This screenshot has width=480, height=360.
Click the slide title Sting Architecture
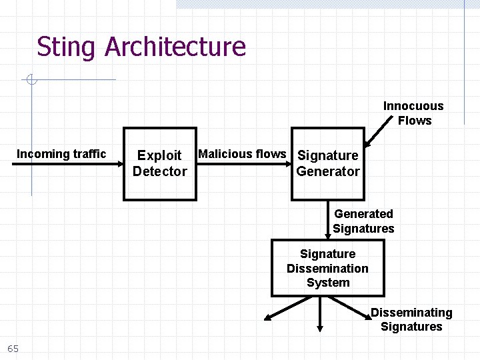point(141,47)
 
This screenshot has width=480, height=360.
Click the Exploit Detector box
point(160,164)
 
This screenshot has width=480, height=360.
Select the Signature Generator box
point(328,164)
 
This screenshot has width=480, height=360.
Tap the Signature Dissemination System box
point(327,268)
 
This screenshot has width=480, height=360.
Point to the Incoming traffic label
point(61,154)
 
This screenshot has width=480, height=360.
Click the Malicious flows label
point(242,154)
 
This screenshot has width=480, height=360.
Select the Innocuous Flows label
point(413,113)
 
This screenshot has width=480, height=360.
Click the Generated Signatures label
point(363,221)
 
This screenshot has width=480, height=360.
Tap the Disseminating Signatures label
point(411,319)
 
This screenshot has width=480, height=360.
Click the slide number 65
point(13,349)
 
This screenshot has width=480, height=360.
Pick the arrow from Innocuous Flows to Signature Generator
point(377,132)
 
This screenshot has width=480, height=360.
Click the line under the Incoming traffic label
point(67,163)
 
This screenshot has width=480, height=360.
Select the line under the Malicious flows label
point(243,163)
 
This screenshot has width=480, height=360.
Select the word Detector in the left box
point(160,171)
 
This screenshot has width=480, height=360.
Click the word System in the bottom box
point(327,283)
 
